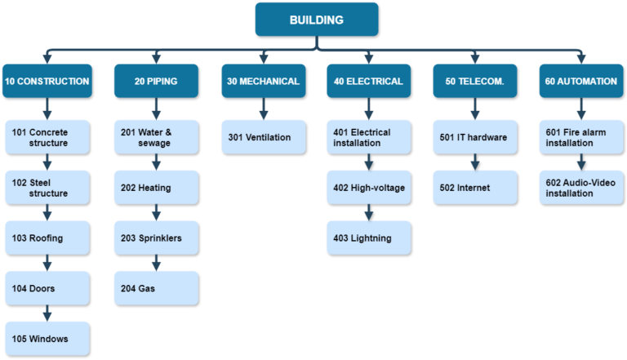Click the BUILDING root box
click(x=316, y=19)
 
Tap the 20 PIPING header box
click(x=155, y=81)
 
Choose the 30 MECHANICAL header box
click(x=263, y=81)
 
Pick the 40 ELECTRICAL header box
click(x=368, y=81)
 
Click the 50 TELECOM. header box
click(x=474, y=81)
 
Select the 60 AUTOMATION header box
click(x=582, y=81)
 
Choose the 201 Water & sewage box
click(x=155, y=137)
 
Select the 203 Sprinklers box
click(x=155, y=238)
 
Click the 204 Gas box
click(x=155, y=287)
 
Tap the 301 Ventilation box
click(x=263, y=137)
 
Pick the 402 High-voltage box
click(x=368, y=188)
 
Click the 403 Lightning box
click(x=368, y=238)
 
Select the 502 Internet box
click(x=474, y=188)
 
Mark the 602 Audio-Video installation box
click(x=582, y=188)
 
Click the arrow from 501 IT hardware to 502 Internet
click(x=474, y=162)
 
